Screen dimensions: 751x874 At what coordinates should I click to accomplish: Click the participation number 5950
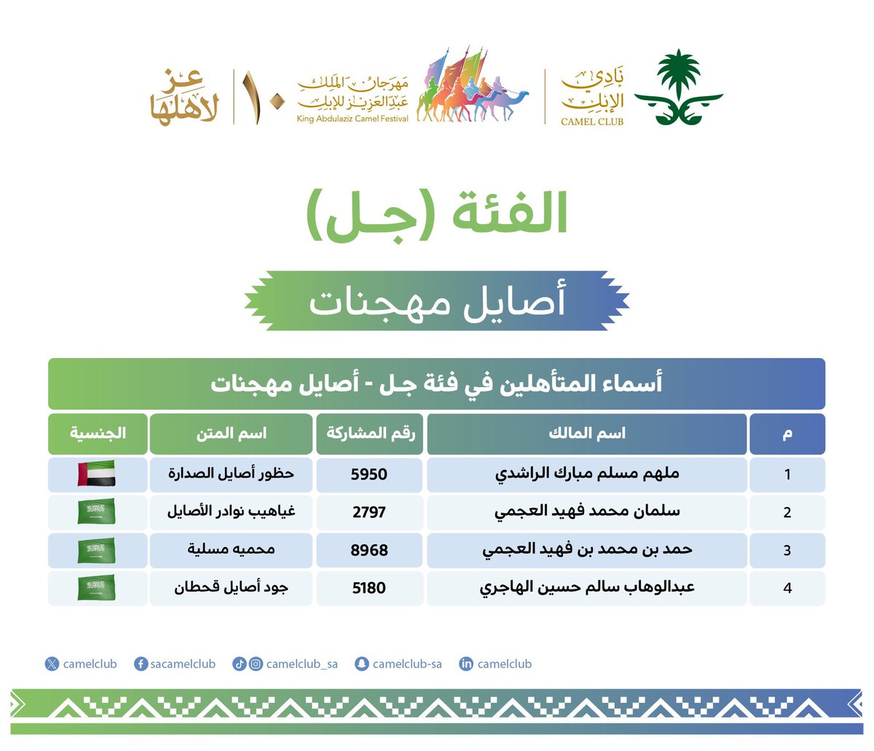point(369,474)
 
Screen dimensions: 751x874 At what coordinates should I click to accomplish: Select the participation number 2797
point(369,512)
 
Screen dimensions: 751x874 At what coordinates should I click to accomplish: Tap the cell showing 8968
point(369,550)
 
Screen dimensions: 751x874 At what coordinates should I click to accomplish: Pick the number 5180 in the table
point(369,588)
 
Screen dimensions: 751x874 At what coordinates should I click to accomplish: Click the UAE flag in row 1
point(96,474)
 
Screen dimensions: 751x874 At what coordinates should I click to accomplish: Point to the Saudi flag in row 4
point(96,588)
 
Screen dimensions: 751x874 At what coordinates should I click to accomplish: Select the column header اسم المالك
point(586,434)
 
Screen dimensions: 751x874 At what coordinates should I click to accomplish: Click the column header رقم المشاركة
point(370,434)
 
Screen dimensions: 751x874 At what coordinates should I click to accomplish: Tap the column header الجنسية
point(98,434)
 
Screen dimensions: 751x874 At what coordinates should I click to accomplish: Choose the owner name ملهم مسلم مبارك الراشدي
point(586,474)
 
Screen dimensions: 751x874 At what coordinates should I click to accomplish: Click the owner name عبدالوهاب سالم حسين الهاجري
point(586,588)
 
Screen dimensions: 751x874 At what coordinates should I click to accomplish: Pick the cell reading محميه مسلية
point(231,550)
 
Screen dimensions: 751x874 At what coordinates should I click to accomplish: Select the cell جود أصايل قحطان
point(231,588)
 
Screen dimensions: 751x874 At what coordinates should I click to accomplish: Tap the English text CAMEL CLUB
point(591,122)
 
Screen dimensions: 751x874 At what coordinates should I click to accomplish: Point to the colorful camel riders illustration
point(472,87)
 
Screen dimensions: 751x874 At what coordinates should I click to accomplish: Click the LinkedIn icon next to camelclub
point(466,664)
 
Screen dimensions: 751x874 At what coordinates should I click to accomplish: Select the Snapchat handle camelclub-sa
point(406,664)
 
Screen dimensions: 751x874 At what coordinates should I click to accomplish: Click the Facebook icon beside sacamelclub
point(141,664)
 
